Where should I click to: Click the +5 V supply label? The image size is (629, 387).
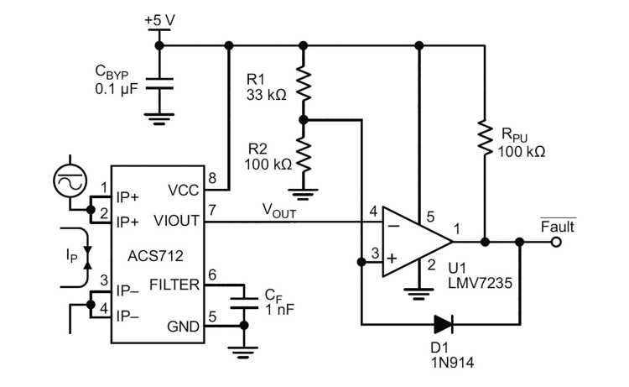pos(159,18)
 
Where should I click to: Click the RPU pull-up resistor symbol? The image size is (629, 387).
pos(484,135)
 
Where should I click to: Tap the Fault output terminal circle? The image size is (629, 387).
pos(555,243)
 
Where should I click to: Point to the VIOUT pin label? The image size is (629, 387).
pos(178,222)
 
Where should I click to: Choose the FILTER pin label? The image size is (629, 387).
pos(173,285)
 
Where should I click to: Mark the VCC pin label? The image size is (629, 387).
pos(183,191)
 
